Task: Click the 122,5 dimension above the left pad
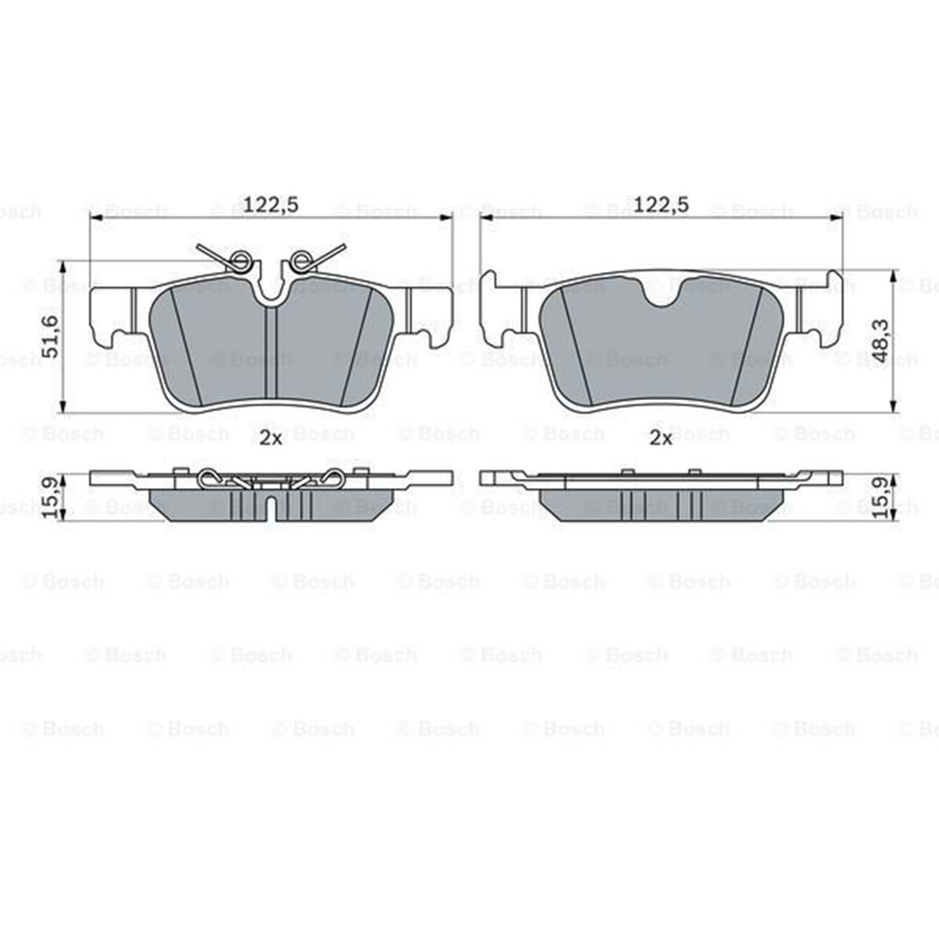(x=270, y=205)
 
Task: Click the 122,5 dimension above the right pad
(x=661, y=205)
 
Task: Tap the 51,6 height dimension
(x=52, y=336)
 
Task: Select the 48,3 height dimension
(x=881, y=340)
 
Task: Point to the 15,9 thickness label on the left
(x=52, y=498)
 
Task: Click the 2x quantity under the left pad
(x=270, y=439)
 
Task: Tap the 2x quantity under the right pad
(x=661, y=439)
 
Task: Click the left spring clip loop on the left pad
(x=240, y=261)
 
